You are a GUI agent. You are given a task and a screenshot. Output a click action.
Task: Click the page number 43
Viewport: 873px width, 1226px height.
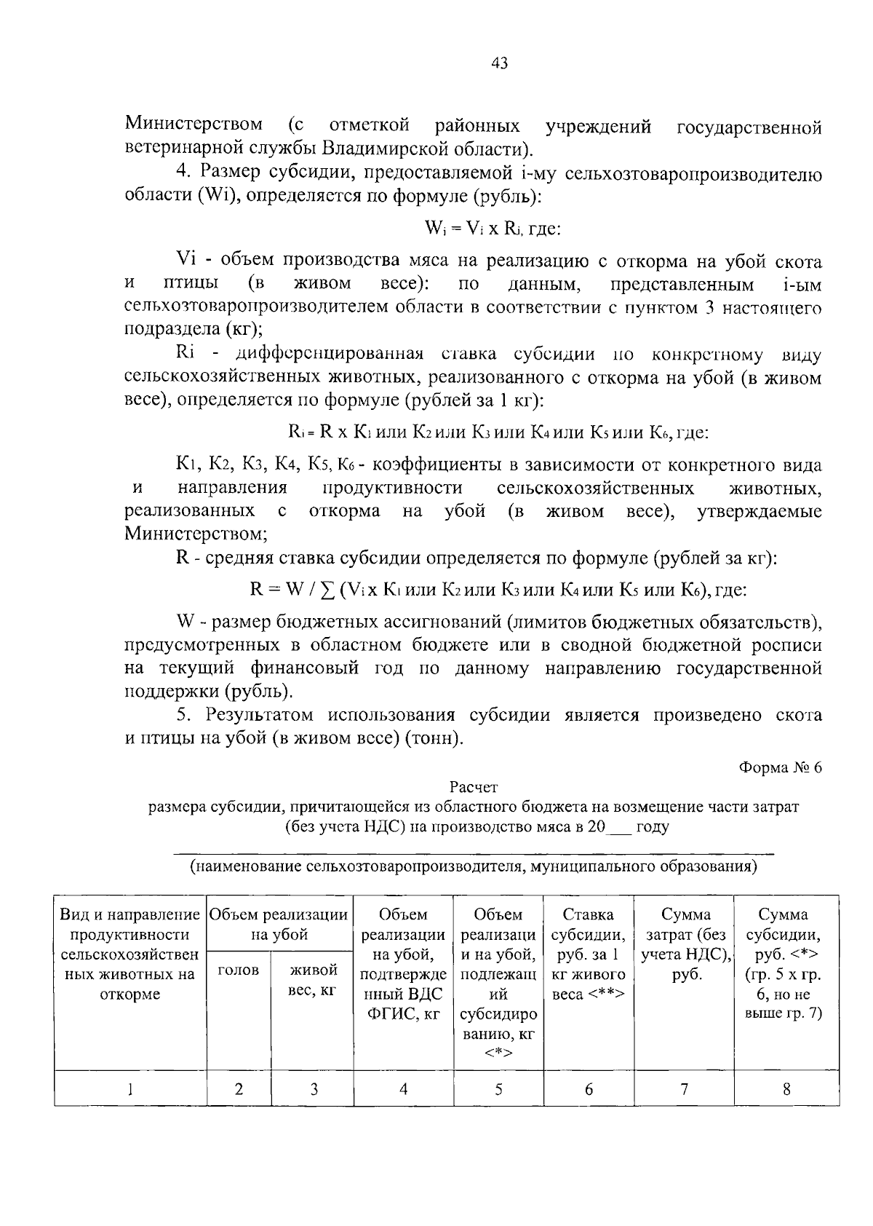coord(499,63)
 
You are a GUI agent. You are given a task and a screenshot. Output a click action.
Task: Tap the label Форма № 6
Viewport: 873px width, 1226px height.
coord(780,767)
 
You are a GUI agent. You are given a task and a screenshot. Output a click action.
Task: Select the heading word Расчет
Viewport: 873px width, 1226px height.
coord(474,787)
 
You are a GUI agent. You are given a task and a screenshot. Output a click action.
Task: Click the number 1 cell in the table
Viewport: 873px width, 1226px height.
coord(130,1089)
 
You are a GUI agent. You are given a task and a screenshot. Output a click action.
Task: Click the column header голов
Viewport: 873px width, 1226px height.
coord(239,970)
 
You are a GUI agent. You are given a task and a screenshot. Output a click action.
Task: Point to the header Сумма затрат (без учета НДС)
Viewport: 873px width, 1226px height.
coord(685,944)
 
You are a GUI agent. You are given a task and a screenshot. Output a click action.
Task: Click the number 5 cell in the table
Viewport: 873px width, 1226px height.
coord(498,1089)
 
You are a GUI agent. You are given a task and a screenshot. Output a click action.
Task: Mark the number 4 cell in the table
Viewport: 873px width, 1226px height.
coord(403,1089)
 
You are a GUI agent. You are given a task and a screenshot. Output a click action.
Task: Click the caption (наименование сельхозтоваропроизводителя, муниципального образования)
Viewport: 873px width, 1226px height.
coord(474,866)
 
